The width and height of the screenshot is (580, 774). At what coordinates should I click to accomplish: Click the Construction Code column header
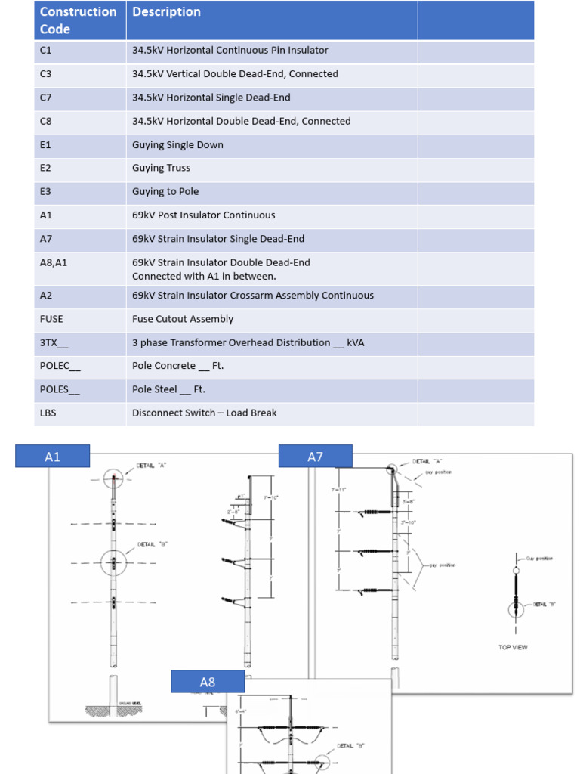[79, 20]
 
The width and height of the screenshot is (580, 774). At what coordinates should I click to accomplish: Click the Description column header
[166, 12]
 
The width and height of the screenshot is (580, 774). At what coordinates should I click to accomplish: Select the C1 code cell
[46, 51]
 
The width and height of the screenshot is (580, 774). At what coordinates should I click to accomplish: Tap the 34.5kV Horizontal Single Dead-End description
[211, 98]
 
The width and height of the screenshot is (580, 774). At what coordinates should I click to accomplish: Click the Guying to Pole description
[165, 191]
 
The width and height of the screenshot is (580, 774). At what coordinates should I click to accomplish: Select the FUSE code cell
[51, 319]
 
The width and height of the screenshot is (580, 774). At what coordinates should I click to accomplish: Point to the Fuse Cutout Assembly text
[183, 319]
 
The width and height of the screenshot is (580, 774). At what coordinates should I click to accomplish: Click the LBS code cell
[48, 413]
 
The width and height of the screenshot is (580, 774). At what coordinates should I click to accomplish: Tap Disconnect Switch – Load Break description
[204, 413]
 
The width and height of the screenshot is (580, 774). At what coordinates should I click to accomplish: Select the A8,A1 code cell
[54, 262]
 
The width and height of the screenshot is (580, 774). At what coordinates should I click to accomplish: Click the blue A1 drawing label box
[53, 457]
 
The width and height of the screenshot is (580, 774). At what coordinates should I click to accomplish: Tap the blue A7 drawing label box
[315, 457]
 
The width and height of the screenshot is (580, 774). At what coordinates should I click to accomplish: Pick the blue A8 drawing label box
[208, 682]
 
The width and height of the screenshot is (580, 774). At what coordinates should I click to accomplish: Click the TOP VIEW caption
[513, 647]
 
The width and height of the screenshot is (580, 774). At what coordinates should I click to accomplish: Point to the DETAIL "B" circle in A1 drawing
[113, 563]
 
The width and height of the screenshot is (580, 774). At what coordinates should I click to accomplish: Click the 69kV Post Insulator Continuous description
[203, 215]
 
